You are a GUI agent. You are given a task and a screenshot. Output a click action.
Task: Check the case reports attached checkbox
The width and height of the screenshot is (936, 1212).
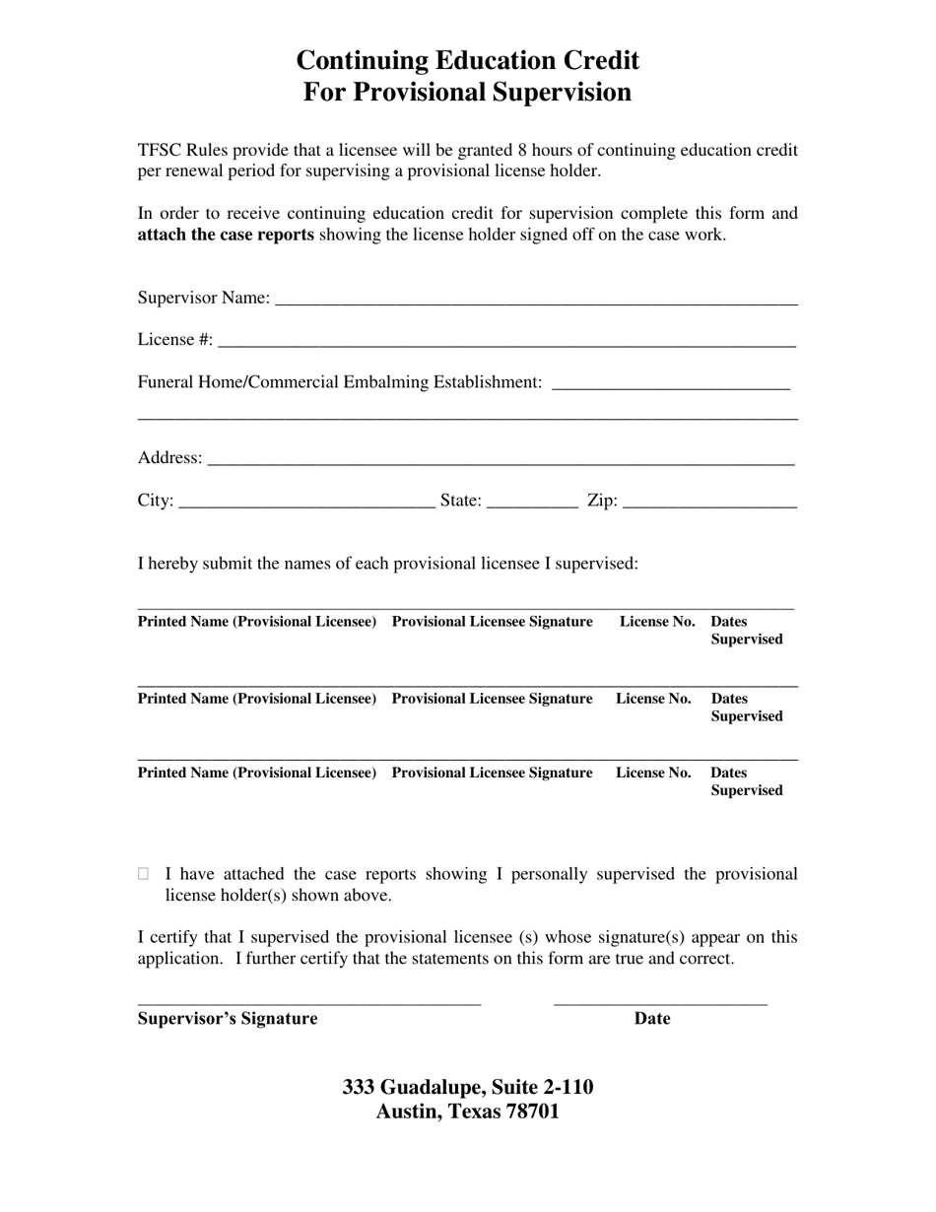(144, 874)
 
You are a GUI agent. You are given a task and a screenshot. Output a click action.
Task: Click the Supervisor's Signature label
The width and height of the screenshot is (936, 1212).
(228, 1019)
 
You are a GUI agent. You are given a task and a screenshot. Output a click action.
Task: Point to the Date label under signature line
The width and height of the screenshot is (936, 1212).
(651, 1019)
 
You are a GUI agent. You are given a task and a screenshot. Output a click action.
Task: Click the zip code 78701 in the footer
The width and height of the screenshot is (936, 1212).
(531, 1111)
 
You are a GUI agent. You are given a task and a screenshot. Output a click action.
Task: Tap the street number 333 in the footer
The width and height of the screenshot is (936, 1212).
(359, 1087)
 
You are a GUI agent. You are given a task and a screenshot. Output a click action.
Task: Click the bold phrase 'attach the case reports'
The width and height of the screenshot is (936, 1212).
(226, 235)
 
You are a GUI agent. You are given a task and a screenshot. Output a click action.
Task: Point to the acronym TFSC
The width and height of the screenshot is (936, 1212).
(161, 151)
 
